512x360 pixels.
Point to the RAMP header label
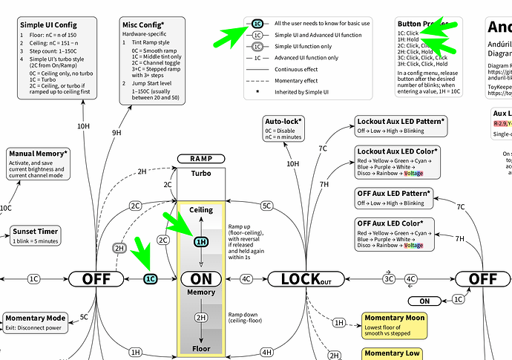201,159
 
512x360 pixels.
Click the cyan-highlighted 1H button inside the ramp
201,241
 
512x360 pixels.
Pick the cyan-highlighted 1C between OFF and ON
151,279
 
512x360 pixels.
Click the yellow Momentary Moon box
395,322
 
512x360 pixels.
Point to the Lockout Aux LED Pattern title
401,120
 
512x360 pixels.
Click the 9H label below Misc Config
116,132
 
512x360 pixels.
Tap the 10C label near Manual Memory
6,208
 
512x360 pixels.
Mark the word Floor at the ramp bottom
201,347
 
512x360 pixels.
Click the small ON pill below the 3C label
423,301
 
